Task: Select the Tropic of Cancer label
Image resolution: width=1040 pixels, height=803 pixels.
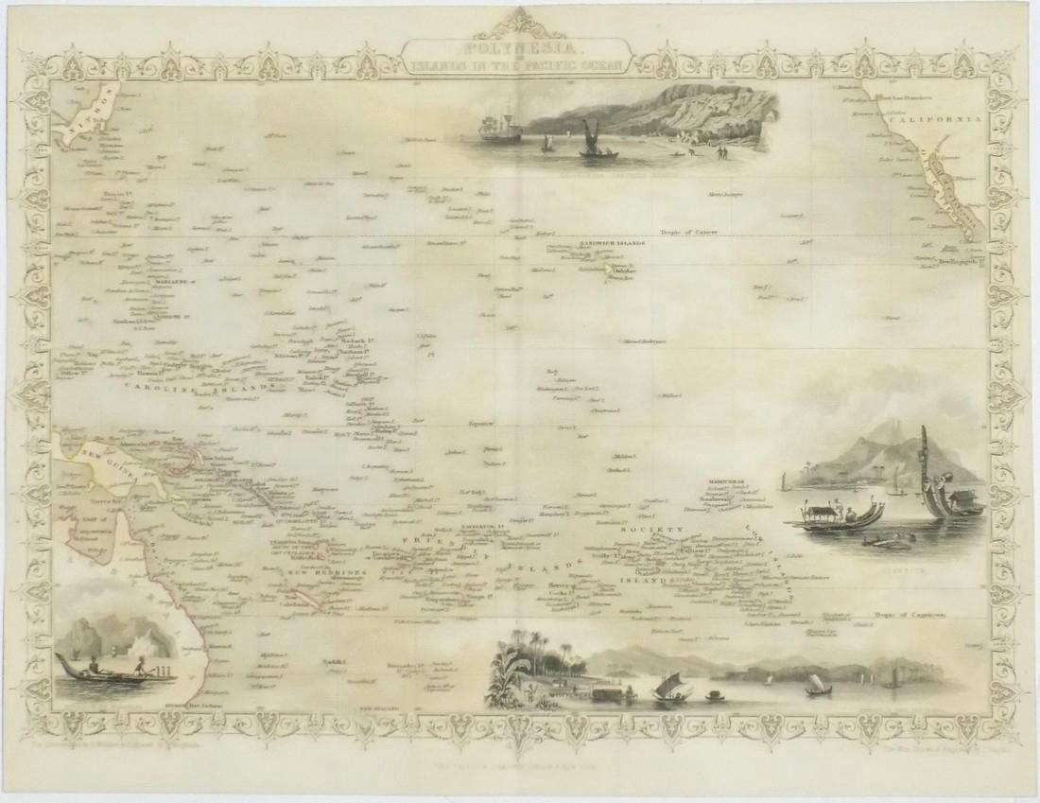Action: click(x=690, y=233)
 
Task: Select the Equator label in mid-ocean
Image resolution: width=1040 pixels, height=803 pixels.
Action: click(x=481, y=424)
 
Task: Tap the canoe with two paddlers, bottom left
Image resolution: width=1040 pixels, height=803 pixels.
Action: click(x=113, y=672)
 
